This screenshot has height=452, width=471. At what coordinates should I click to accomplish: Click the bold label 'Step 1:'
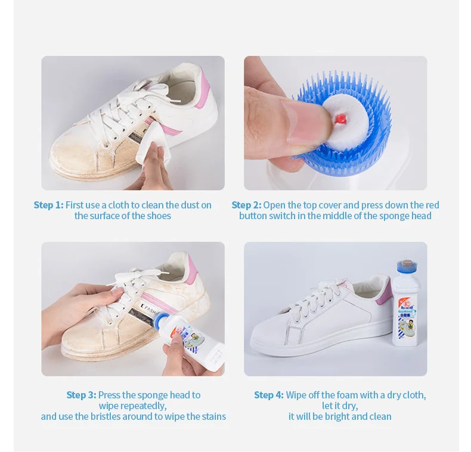point(48,205)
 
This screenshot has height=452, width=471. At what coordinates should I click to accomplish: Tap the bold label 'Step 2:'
point(246,205)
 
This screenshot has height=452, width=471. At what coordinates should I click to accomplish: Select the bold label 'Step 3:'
point(81,395)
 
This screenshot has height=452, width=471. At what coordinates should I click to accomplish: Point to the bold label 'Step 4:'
point(269,395)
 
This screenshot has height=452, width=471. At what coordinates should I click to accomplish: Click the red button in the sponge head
point(340,119)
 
